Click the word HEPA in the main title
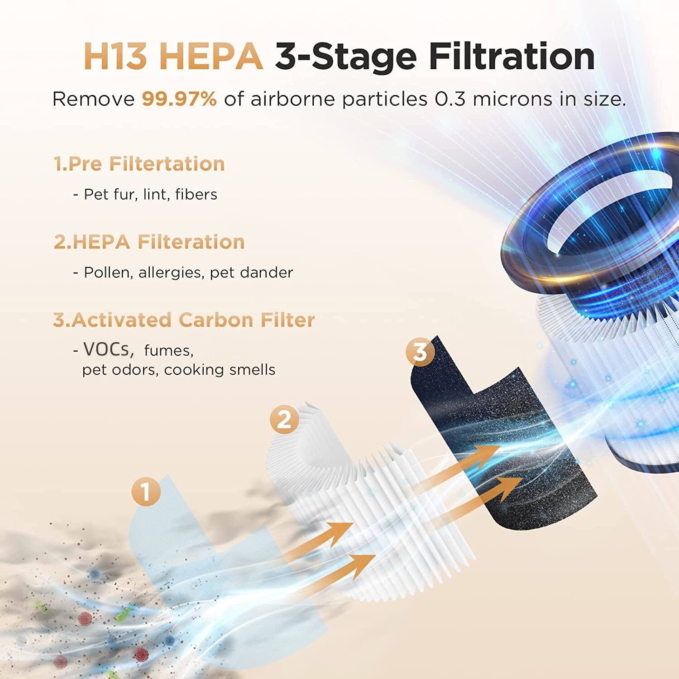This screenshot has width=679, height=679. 211,57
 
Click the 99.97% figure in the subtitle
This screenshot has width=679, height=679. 179,99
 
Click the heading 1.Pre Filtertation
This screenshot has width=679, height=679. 139,164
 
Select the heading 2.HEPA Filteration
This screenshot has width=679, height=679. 149,242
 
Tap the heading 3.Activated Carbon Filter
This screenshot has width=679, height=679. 184,320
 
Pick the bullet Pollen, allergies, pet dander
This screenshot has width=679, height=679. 183,273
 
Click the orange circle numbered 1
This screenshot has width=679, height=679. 146,492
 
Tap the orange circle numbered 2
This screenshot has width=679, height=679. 284,420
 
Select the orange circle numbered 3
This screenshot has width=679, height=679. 420,351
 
